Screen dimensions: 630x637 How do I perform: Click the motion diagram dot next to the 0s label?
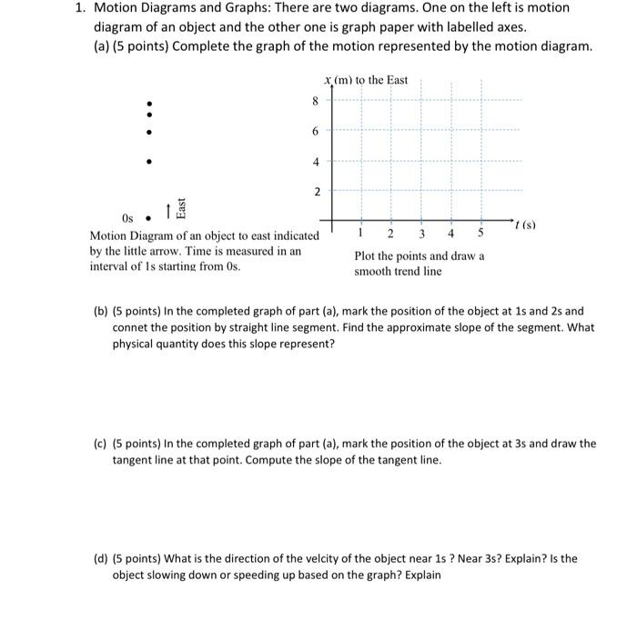click(x=149, y=218)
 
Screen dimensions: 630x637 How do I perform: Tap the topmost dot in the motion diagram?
click(x=149, y=102)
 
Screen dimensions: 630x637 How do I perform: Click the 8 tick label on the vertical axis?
click(x=317, y=102)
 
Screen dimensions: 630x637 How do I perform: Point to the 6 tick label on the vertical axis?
click(x=317, y=132)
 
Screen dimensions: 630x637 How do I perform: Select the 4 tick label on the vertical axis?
click(x=317, y=162)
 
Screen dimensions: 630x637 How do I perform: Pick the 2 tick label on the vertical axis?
click(x=317, y=192)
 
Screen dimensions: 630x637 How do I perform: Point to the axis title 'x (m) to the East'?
click(x=365, y=80)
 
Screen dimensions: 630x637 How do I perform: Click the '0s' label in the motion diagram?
click(x=128, y=219)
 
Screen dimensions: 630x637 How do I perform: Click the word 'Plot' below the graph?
click(x=366, y=255)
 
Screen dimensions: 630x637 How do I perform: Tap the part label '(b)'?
click(x=101, y=311)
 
